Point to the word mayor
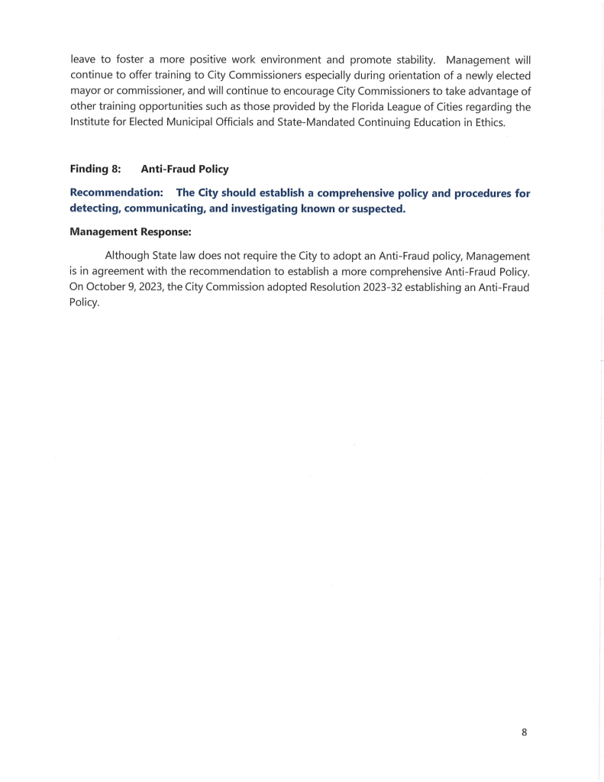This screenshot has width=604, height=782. (86, 92)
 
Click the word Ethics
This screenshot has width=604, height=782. (486, 124)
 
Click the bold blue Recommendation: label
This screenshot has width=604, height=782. (117, 193)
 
